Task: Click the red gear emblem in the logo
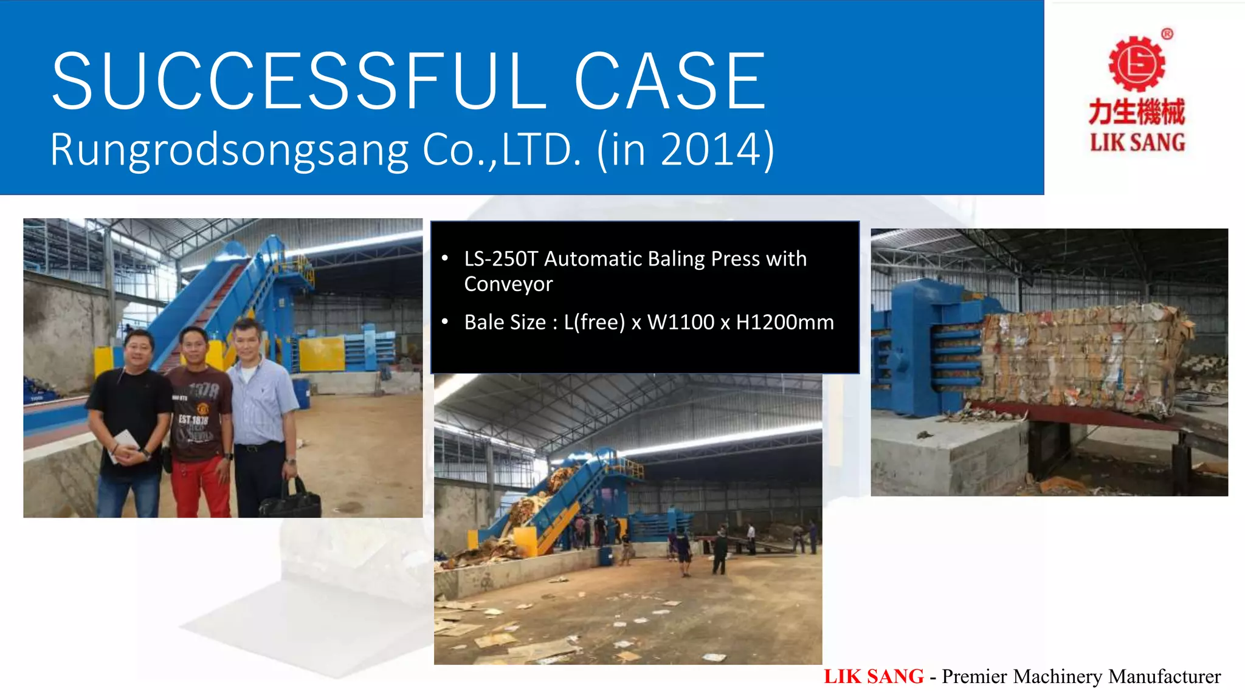pyautogui.click(x=1137, y=64)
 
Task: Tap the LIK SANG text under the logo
pyautogui.click(x=1137, y=143)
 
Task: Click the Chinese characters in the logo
pyautogui.click(x=1137, y=112)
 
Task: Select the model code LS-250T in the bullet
pyautogui.click(x=501, y=259)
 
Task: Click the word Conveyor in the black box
pyautogui.click(x=508, y=284)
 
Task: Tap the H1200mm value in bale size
pyautogui.click(x=785, y=322)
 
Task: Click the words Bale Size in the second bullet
pyautogui.click(x=505, y=322)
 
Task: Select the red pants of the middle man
pyautogui.click(x=200, y=486)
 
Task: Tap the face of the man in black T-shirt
pyautogui.click(x=139, y=350)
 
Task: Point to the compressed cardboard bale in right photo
pyautogui.click(x=1076, y=359)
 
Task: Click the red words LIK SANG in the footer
pyautogui.click(x=874, y=676)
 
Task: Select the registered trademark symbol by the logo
pyautogui.click(x=1167, y=34)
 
